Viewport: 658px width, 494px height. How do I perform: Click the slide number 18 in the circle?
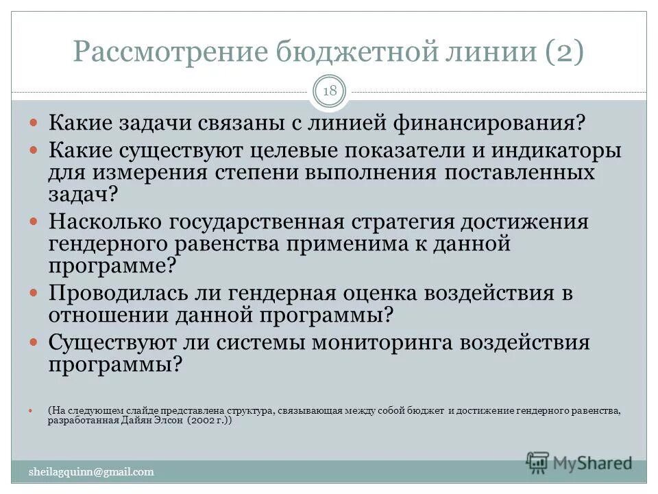click(x=329, y=91)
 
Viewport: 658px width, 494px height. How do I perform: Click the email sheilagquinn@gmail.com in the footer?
click(x=91, y=471)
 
